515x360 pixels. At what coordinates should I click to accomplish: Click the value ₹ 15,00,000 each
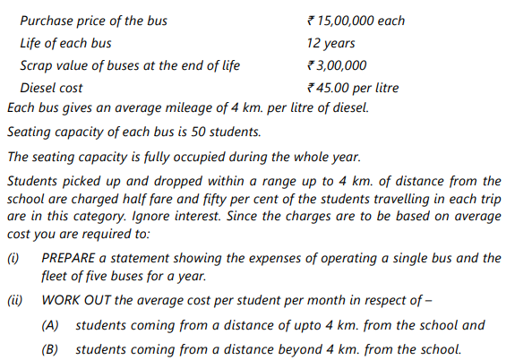point(355,20)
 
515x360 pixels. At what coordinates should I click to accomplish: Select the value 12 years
point(330,42)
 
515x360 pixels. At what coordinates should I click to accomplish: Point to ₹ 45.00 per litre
point(352,88)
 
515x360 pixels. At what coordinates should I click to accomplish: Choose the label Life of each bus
point(66,42)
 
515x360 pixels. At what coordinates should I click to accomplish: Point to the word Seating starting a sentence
point(29,133)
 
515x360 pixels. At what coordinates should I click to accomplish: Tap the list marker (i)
point(13,258)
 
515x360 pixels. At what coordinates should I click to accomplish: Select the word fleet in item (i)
point(57,277)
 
